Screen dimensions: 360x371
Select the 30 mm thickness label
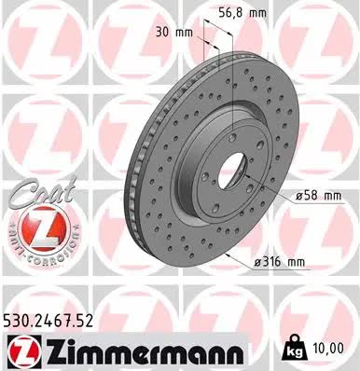174,32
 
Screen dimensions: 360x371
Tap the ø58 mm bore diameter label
319,196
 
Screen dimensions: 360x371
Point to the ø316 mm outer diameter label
280,262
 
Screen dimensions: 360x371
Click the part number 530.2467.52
48,321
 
